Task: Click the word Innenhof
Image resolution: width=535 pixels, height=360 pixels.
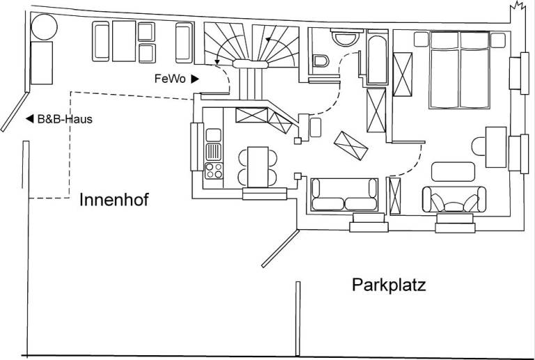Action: [x=114, y=201]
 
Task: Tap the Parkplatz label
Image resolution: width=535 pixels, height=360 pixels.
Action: [x=389, y=285]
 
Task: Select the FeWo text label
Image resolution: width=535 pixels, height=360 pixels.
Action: [x=169, y=79]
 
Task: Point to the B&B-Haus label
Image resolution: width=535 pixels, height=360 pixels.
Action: [x=63, y=119]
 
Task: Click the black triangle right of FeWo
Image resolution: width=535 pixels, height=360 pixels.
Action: [x=195, y=79]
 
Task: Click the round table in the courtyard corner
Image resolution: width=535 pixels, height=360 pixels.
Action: [x=43, y=27]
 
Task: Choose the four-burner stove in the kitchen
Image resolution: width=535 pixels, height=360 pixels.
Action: [x=214, y=169]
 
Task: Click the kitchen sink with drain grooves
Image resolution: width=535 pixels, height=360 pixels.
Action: [x=214, y=150]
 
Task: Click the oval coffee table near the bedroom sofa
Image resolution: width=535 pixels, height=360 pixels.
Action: [x=452, y=171]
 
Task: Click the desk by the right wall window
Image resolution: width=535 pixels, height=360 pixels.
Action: [x=495, y=146]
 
